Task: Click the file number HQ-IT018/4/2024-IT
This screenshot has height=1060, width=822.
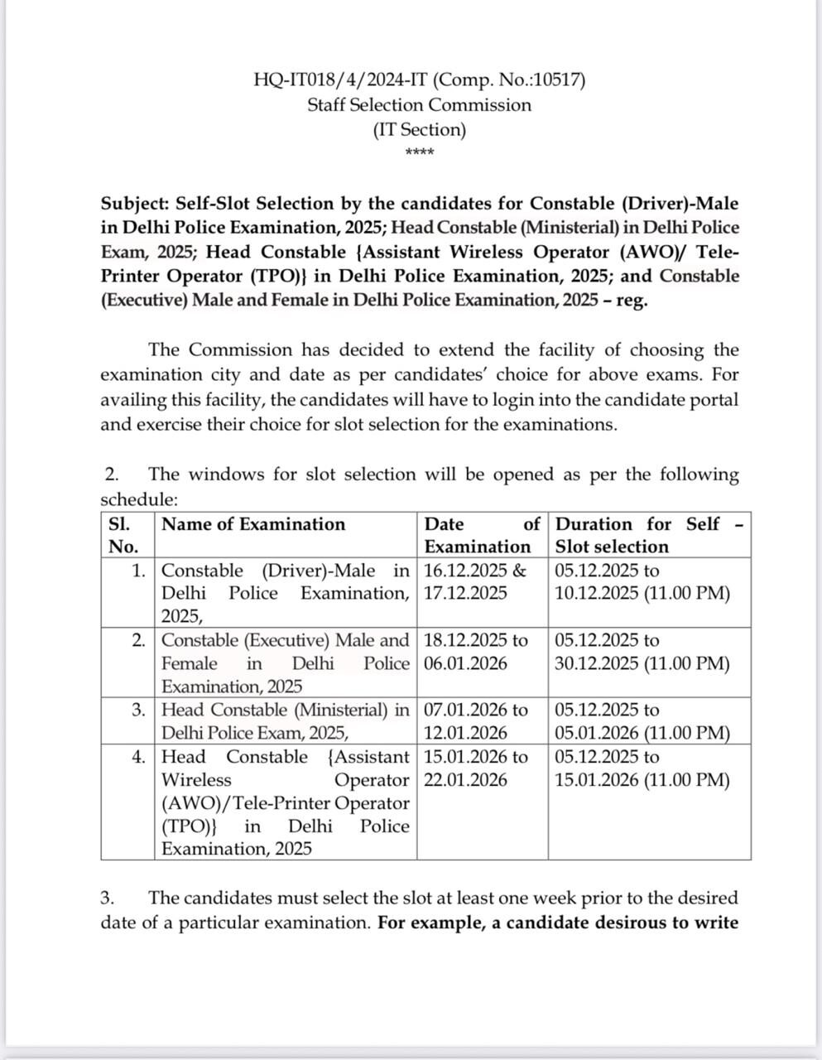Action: pyautogui.click(x=340, y=79)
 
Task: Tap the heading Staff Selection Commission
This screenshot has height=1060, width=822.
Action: pyautogui.click(x=420, y=105)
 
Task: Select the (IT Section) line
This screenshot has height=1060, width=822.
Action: pyautogui.click(x=420, y=130)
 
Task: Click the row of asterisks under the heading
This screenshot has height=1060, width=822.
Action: pyautogui.click(x=420, y=152)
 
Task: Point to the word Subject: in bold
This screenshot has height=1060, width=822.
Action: pyautogui.click(x=136, y=204)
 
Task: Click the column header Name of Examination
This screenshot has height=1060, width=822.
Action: pyautogui.click(x=253, y=524)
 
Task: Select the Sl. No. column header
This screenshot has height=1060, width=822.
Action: pyautogui.click(x=123, y=535)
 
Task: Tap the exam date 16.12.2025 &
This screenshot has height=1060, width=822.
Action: pyautogui.click(x=474, y=571)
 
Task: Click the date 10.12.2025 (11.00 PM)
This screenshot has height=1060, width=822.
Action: pyautogui.click(x=642, y=593)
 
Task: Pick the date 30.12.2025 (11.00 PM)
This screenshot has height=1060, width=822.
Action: pyautogui.click(x=642, y=663)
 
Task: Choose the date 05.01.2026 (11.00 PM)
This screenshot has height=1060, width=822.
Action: pyautogui.click(x=642, y=733)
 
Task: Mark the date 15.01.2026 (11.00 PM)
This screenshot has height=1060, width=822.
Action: pyautogui.click(x=642, y=779)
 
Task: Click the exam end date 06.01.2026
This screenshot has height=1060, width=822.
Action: pyautogui.click(x=465, y=663)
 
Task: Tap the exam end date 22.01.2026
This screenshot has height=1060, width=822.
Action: pyautogui.click(x=465, y=779)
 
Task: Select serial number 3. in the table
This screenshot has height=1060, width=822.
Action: pyautogui.click(x=139, y=710)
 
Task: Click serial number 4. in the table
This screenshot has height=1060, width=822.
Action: pyautogui.click(x=139, y=756)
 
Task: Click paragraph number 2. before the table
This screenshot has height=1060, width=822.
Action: pyautogui.click(x=112, y=475)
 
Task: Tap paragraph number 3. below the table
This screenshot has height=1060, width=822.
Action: pyautogui.click(x=108, y=898)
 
